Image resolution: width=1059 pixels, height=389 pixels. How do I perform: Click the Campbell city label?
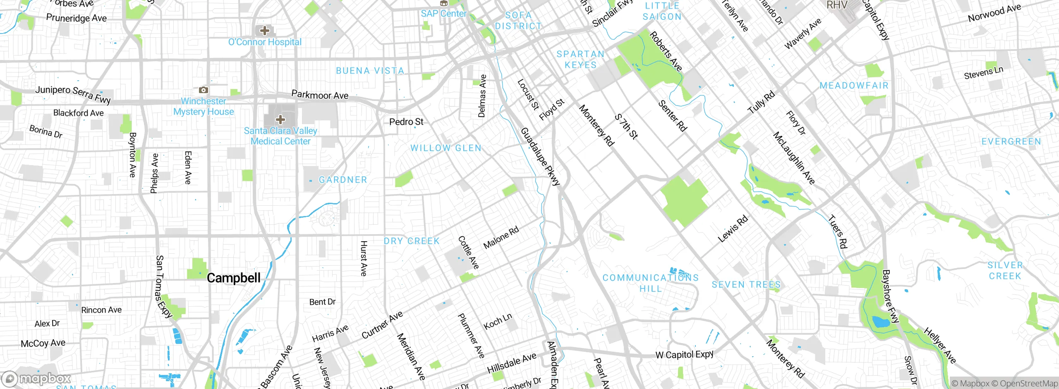pos(233,278)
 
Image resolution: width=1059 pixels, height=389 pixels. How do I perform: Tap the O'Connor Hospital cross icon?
pos(264,31)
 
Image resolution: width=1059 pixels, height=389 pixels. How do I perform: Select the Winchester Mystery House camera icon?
pos(203,90)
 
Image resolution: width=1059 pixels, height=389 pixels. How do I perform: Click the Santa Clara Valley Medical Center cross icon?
pos(280,120)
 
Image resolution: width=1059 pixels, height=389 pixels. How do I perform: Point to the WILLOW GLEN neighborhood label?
pos(446,148)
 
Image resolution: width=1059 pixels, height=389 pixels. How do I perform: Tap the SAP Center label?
pos(443,14)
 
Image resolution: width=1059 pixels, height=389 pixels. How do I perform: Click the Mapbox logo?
pos(36,379)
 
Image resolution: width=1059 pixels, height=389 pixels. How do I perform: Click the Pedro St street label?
pos(406,122)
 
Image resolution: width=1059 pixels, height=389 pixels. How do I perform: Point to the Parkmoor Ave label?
pos(320,95)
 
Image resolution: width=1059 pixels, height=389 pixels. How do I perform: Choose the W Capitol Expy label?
pos(684,355)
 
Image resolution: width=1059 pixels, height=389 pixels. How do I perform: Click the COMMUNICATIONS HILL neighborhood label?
pos(650,283)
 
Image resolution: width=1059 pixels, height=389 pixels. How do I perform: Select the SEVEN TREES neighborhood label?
pos(746,285)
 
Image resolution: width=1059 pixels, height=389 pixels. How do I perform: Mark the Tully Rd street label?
pos(761,103)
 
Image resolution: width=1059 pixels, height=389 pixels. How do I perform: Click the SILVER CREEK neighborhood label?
pos(1005,271)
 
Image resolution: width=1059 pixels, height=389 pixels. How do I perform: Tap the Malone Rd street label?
pos(501,238)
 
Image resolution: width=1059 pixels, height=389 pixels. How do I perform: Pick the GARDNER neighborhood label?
pos(343,180)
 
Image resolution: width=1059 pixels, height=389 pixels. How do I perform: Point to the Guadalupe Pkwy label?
pos(540,156)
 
